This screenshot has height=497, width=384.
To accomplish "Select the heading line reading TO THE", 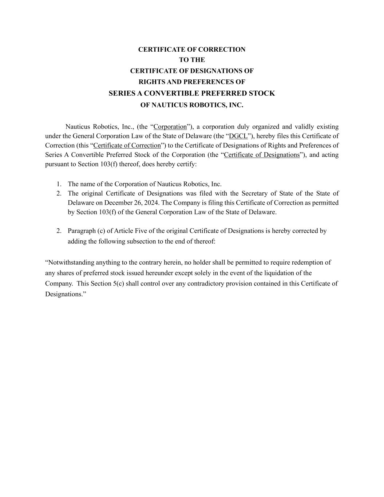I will [x=192, y=60].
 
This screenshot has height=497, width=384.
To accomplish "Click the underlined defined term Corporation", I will [x=170, y=127].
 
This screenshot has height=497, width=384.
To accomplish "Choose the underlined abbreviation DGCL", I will [x=238, y=136].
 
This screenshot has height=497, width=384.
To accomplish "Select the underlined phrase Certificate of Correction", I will [x=127, y=145].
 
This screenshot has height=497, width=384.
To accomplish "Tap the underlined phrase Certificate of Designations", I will [x=262, y=155].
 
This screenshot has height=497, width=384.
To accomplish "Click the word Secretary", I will [x=255, y=193].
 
